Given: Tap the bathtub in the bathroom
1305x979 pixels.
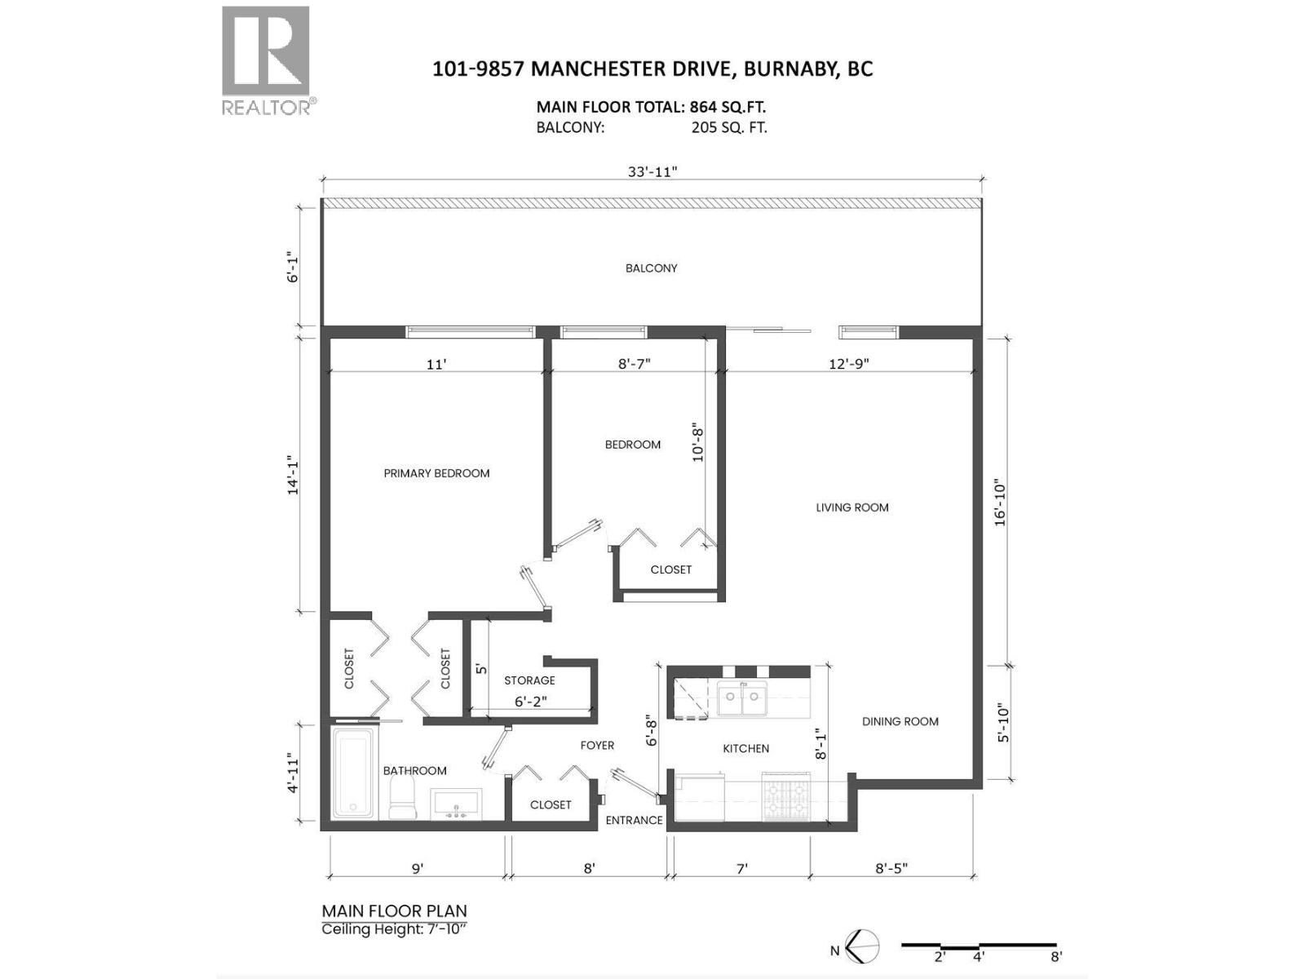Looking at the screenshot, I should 353,773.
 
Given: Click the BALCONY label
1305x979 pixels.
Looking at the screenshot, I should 651,268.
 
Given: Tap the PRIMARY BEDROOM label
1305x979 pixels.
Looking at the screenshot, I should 436,473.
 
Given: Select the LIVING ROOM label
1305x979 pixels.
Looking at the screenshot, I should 852,507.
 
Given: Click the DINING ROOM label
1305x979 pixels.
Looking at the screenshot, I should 900,721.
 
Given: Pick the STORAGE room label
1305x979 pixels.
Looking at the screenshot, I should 529,680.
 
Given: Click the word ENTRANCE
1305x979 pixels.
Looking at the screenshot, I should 634,820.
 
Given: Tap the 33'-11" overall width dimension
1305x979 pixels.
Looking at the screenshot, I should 652,171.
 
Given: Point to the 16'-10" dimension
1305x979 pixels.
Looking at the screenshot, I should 1001,503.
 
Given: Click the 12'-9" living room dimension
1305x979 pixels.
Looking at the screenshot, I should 849,364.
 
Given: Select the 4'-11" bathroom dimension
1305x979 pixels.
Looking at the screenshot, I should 294,774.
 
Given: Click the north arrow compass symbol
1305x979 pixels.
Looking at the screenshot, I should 862,947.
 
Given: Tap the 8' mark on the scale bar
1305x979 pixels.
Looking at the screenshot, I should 1056,957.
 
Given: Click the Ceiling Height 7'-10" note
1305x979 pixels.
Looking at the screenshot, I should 395,929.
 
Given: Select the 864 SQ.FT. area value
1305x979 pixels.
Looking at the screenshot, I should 728,107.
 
